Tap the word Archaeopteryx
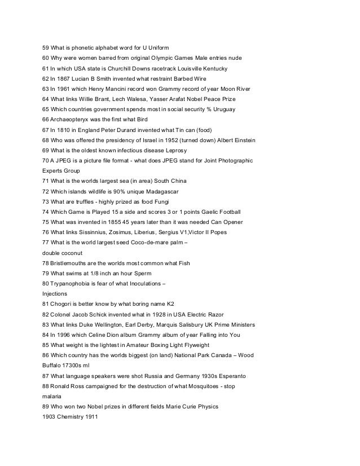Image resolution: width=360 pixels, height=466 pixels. pos(74,119)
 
